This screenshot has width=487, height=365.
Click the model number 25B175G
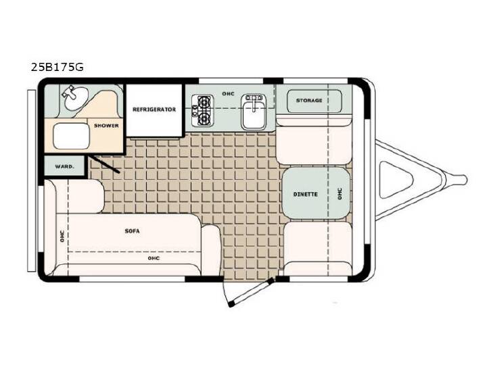click(x=57, y=68)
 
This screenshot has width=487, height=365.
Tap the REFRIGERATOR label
click(x=154, y=109)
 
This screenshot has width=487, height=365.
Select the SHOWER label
click(x=106, y=126)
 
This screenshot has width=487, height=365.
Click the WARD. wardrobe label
click(x=65, y=167)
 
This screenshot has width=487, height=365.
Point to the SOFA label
click(x=132, y=231)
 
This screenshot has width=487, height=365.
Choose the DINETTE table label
click(x=306, y=194)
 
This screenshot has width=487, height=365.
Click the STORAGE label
click(x=309, y=101)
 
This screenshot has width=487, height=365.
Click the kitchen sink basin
click(x=254, y=112)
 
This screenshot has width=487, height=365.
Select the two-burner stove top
click(x=203, y=111)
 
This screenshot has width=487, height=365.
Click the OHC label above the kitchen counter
click(x=229, y=94)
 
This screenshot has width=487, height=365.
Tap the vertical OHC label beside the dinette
click(x=340, y=194)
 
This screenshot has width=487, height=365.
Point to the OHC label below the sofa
click(x=154, y=258)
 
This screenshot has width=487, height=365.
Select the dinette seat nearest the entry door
click(x=318, y=247)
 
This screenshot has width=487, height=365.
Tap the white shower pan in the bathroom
click(x=71, y=136)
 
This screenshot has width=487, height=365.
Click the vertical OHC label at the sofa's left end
click(x=62, y=236)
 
